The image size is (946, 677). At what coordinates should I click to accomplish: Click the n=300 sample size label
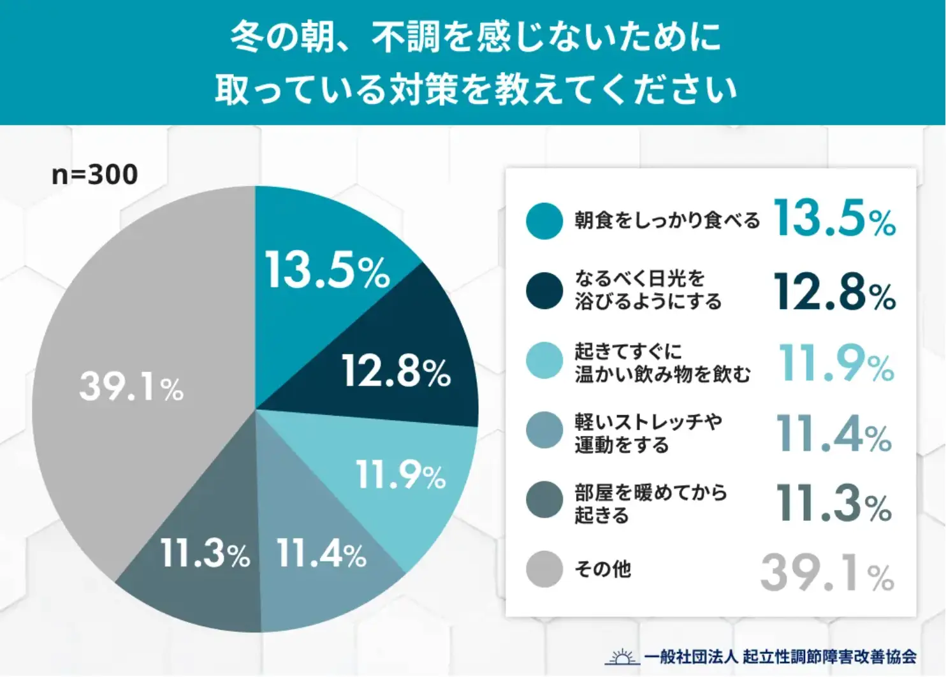click(x=94, y=175)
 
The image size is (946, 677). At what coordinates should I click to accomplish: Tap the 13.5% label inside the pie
click(x=327, y=270)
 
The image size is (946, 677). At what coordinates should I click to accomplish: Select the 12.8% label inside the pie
click(x=396, y=371)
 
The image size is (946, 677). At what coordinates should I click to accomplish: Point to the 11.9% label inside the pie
click(x=400, y=475)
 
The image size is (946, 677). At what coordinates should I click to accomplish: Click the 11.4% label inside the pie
click(x=321, y=553)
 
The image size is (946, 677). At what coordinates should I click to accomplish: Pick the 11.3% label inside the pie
click(x=205, y=553)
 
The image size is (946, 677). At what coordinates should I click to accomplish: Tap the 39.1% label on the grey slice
click(x=131, y=386)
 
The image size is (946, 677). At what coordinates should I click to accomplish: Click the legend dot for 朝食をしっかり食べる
click(x=544, y=221)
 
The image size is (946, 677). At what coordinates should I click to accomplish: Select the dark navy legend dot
click(x=544, y=291)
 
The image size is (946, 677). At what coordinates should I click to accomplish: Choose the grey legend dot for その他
click(x=544, y=569)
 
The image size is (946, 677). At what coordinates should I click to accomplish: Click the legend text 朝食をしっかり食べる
click(x=667, y=221)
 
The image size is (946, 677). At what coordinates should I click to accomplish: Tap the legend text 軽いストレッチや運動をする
click(x=648, y=433)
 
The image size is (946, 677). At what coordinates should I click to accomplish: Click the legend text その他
click(x=602, y=569)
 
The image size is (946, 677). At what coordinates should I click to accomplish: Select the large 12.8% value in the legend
click(x=834, y=292)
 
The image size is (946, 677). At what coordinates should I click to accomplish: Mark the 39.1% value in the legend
click(x=827, y=572)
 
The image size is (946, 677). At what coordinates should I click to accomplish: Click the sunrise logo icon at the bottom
click(x=621, y=657)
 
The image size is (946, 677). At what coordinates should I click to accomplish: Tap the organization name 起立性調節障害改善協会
click(x=829, y=657)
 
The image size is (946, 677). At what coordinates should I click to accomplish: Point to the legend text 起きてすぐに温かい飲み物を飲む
click(x=662, y=363)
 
